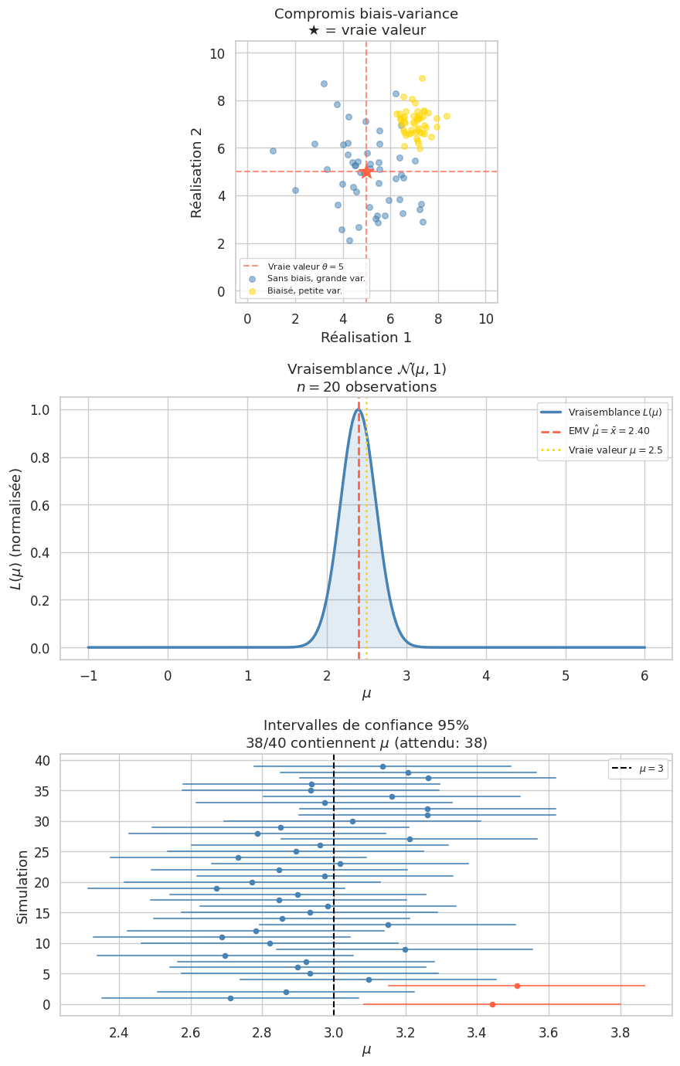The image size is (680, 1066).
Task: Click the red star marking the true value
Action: coord(366,171)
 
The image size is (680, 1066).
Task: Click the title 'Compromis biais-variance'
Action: coord(366,14)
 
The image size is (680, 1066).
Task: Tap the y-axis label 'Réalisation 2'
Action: coord(196,171)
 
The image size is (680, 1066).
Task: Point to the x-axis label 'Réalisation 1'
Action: coord(366,338)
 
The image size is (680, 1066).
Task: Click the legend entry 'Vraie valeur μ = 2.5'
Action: coord(615,450)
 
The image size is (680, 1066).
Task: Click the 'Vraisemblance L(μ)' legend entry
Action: coord(615,412)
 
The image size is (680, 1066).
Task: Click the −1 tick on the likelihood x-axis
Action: coord(88,674)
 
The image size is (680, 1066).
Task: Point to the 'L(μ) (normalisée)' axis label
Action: coord(16,528)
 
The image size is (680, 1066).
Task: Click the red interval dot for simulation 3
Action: coord(517,986)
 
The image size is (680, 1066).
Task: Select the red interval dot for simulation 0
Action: coord(492,1004)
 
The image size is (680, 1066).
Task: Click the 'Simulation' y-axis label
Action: coord(22,886)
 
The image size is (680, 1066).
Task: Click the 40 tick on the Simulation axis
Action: coord(42,761)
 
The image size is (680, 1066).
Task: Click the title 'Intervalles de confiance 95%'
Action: coord(366,725)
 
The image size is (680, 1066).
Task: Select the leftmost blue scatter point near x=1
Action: coord(273,151)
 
